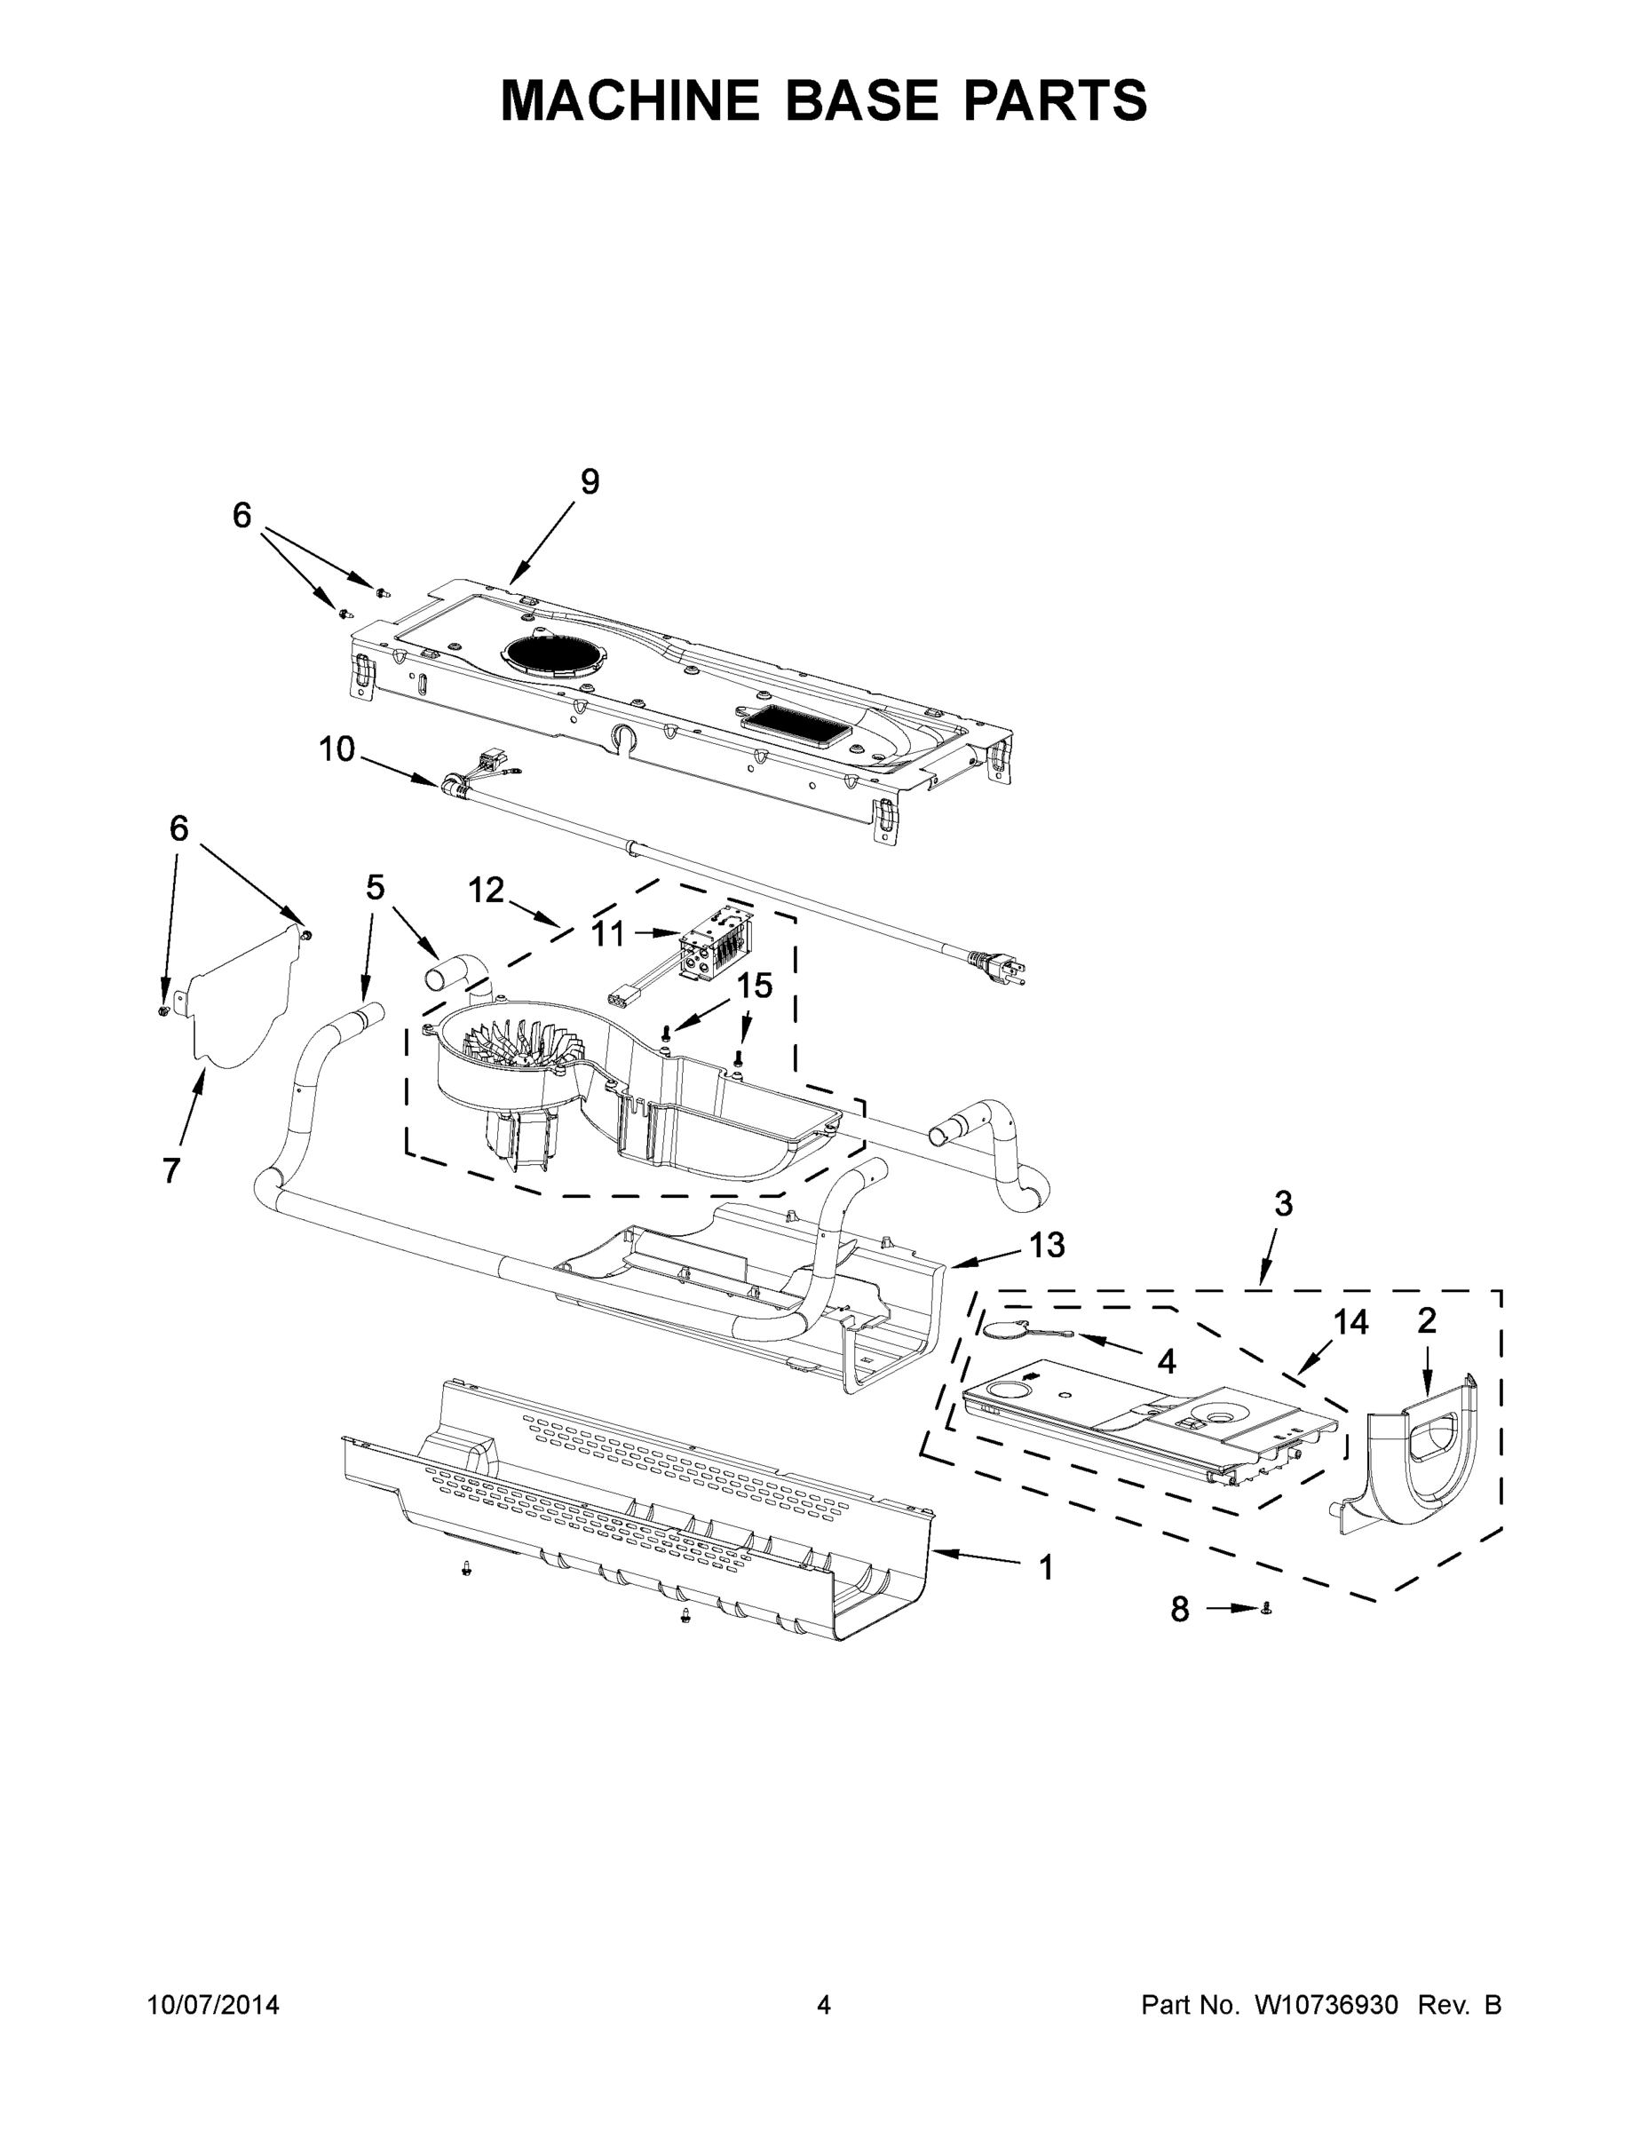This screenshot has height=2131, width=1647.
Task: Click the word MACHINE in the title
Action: [x=630, y=99]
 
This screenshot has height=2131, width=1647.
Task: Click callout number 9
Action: [x=590, y=482]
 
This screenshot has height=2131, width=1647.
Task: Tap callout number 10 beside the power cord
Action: [x=337, y=749]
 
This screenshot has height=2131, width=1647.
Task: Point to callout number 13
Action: [x=1047, y=1245]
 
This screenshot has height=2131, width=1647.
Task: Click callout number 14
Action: [x=1350, y=1322]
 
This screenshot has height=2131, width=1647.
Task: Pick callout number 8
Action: [x=1180, y=1609]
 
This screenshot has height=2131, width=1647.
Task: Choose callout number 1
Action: [x=1046, y=1567]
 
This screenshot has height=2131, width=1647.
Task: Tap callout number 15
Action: [x=754, y=986]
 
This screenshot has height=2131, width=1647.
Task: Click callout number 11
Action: [x=608, y=934]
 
